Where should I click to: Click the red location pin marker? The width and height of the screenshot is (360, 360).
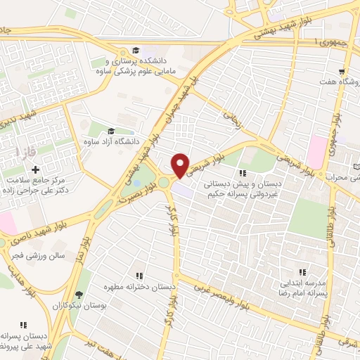point(181,165)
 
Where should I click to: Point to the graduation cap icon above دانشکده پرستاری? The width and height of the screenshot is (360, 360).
point(134,50)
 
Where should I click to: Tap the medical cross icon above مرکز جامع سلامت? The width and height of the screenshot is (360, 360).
point(34,169)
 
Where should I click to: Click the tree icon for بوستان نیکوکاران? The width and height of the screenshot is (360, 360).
point(79,295)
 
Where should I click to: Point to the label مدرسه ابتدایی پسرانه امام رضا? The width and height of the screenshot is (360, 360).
point(303,286)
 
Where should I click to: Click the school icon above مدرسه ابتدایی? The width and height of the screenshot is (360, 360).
point(303,272)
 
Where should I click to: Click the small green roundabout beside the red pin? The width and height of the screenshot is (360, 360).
point(164,183)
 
